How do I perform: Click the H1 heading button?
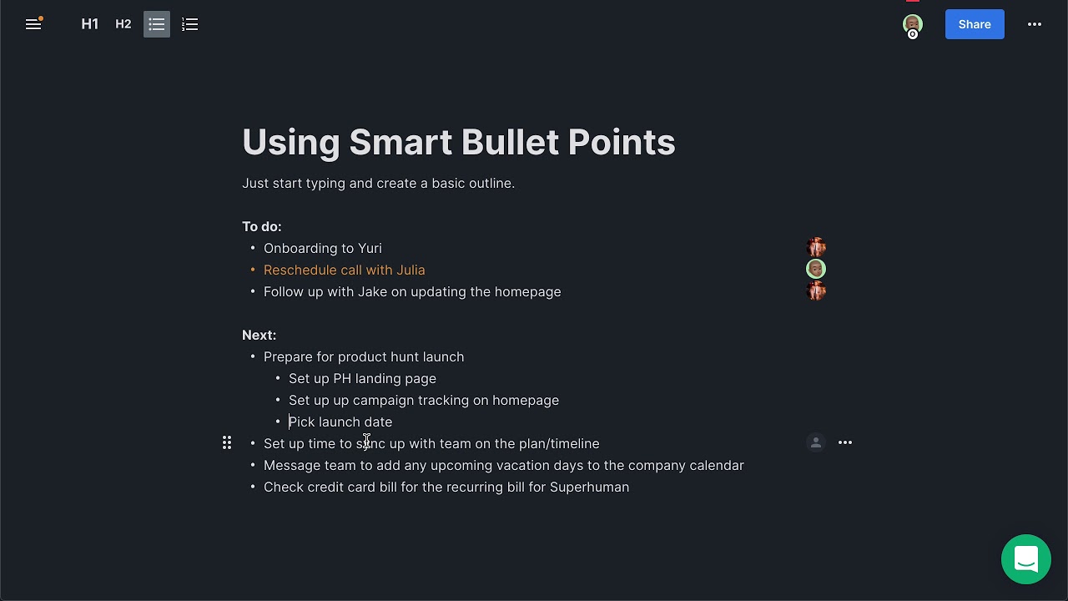pyautogui.click(x=90, y=24)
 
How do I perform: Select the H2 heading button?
pyautogui.click(x=123, y=24)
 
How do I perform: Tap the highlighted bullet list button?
pyautogui.click(x=157, y=24)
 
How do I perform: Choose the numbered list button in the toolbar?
pyautogui.click(x=190, y=24)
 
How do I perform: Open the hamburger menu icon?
pyautogui.click(x=33, y=24)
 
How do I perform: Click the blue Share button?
pyautogui.click(x=975, y=24)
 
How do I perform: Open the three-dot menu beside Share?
pyautogui.click(x=1035, y=24)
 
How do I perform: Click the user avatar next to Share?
pyautogui.click(x=913, y=24)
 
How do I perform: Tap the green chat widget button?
pyautogui.click(x=1026, y=559)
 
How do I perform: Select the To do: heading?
pyautogui.click(x=262, y=227)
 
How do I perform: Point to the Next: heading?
pyautogui.click(x=259, y=336)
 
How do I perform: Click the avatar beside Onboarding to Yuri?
pyautogui.click(x=816, y=247)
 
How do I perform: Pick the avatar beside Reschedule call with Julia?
pyautogui.click(x=816, y=269)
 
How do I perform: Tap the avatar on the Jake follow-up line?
pyautogui.click(x=816, y=290)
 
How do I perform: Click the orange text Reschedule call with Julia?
pyautogui.click(x=344, y=270)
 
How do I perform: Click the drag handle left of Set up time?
pyautogui.click(x=227, y=443)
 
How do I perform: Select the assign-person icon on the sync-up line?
pyautogui.click(x=816, y=443)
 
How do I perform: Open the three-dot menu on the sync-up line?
pyautogui.click(x=845, y=443)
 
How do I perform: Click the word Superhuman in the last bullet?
pyautogui.click(x=589, y=487)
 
